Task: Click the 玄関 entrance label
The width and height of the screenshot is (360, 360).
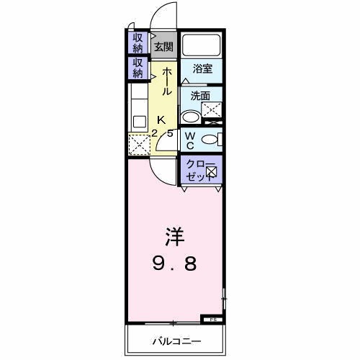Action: (163, 48)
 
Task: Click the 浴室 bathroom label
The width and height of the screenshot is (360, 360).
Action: (202, 70)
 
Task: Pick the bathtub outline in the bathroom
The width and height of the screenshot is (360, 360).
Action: (202, 45)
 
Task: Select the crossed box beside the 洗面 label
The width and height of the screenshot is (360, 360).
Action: (212, 110)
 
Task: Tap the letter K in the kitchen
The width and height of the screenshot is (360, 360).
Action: (161, 120)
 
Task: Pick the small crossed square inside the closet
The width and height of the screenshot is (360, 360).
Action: (212, 171)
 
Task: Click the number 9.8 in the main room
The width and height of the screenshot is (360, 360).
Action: (173, 264)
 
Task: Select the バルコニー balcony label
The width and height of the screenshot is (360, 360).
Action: (176, 340)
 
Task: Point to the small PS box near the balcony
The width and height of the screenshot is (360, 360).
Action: (213, 318)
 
